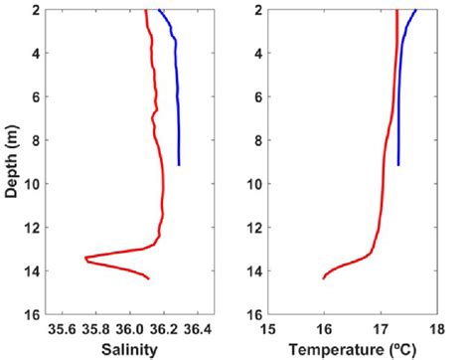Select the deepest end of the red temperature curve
pos(324,278)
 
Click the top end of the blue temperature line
pos(416,10)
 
